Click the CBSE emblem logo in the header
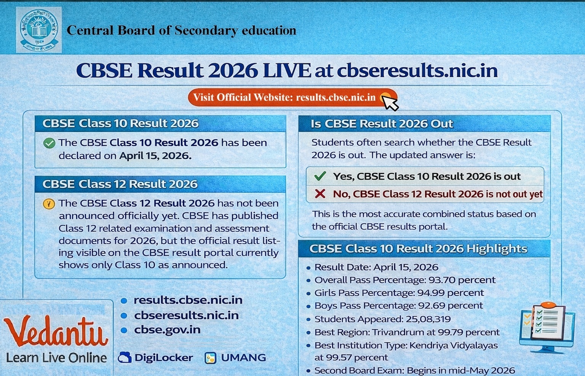(38, 30)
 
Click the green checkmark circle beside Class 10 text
(49, 143)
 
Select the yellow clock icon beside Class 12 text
(49, 204)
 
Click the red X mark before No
(320, 194)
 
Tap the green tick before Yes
(320, 176)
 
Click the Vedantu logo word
(56, 331)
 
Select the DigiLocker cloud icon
(125, 358)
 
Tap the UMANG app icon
(210, 358)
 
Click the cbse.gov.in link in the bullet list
(167, 330)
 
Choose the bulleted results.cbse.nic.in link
(188, 300)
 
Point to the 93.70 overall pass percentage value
(442, 280)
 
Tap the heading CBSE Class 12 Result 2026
(120, 184)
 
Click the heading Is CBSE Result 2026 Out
(382, 124)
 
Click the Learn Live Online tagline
(56, 358)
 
